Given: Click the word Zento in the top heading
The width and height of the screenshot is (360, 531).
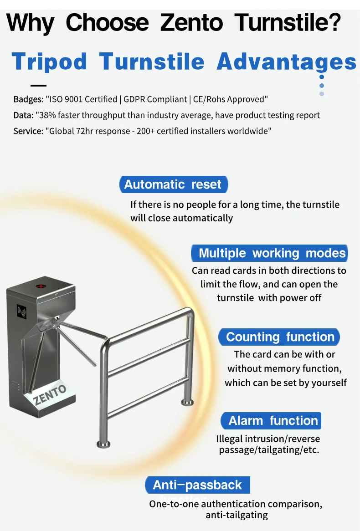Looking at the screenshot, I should click(x=192, y=23).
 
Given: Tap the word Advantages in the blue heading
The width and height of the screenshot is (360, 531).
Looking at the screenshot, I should click(x=287, y=61).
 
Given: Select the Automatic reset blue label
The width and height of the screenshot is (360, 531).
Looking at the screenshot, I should click(x=173, y=184).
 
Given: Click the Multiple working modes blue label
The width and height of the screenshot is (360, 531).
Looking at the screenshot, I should click(x=272, y=253).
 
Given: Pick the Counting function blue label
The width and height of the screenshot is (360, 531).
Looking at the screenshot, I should click(x=280, y=337).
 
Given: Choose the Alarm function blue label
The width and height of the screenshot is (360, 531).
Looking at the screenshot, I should click(x=273, y=421).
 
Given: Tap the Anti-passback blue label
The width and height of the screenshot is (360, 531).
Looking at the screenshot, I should click(x=197, y=485).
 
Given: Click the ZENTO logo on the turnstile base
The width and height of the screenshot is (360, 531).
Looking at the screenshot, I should click(x=50, y=395).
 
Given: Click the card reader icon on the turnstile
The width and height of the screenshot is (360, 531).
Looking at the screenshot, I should click(x=21, y=311).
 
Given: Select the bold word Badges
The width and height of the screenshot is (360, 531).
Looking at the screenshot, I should click(x=27, y=99).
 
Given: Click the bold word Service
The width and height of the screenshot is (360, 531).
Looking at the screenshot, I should click(x=27, y=131).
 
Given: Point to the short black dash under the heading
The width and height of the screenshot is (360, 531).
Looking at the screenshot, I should click(x=51, y=85).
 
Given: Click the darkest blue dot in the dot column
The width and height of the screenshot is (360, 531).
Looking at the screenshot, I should click(x=322, y=77).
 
